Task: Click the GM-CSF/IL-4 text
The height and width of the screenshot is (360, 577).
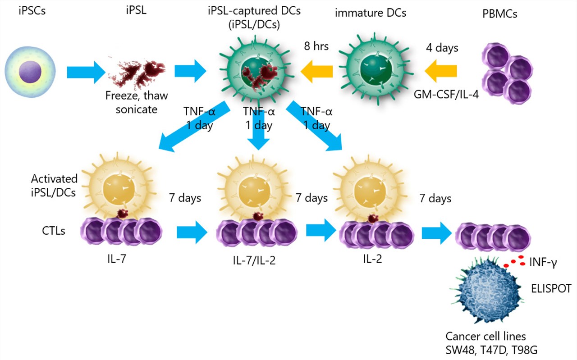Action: tap(446, 96)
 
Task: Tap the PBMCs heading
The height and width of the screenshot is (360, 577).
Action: tap(499, 14)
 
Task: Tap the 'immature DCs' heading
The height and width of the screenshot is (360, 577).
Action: tap(371, 13)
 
